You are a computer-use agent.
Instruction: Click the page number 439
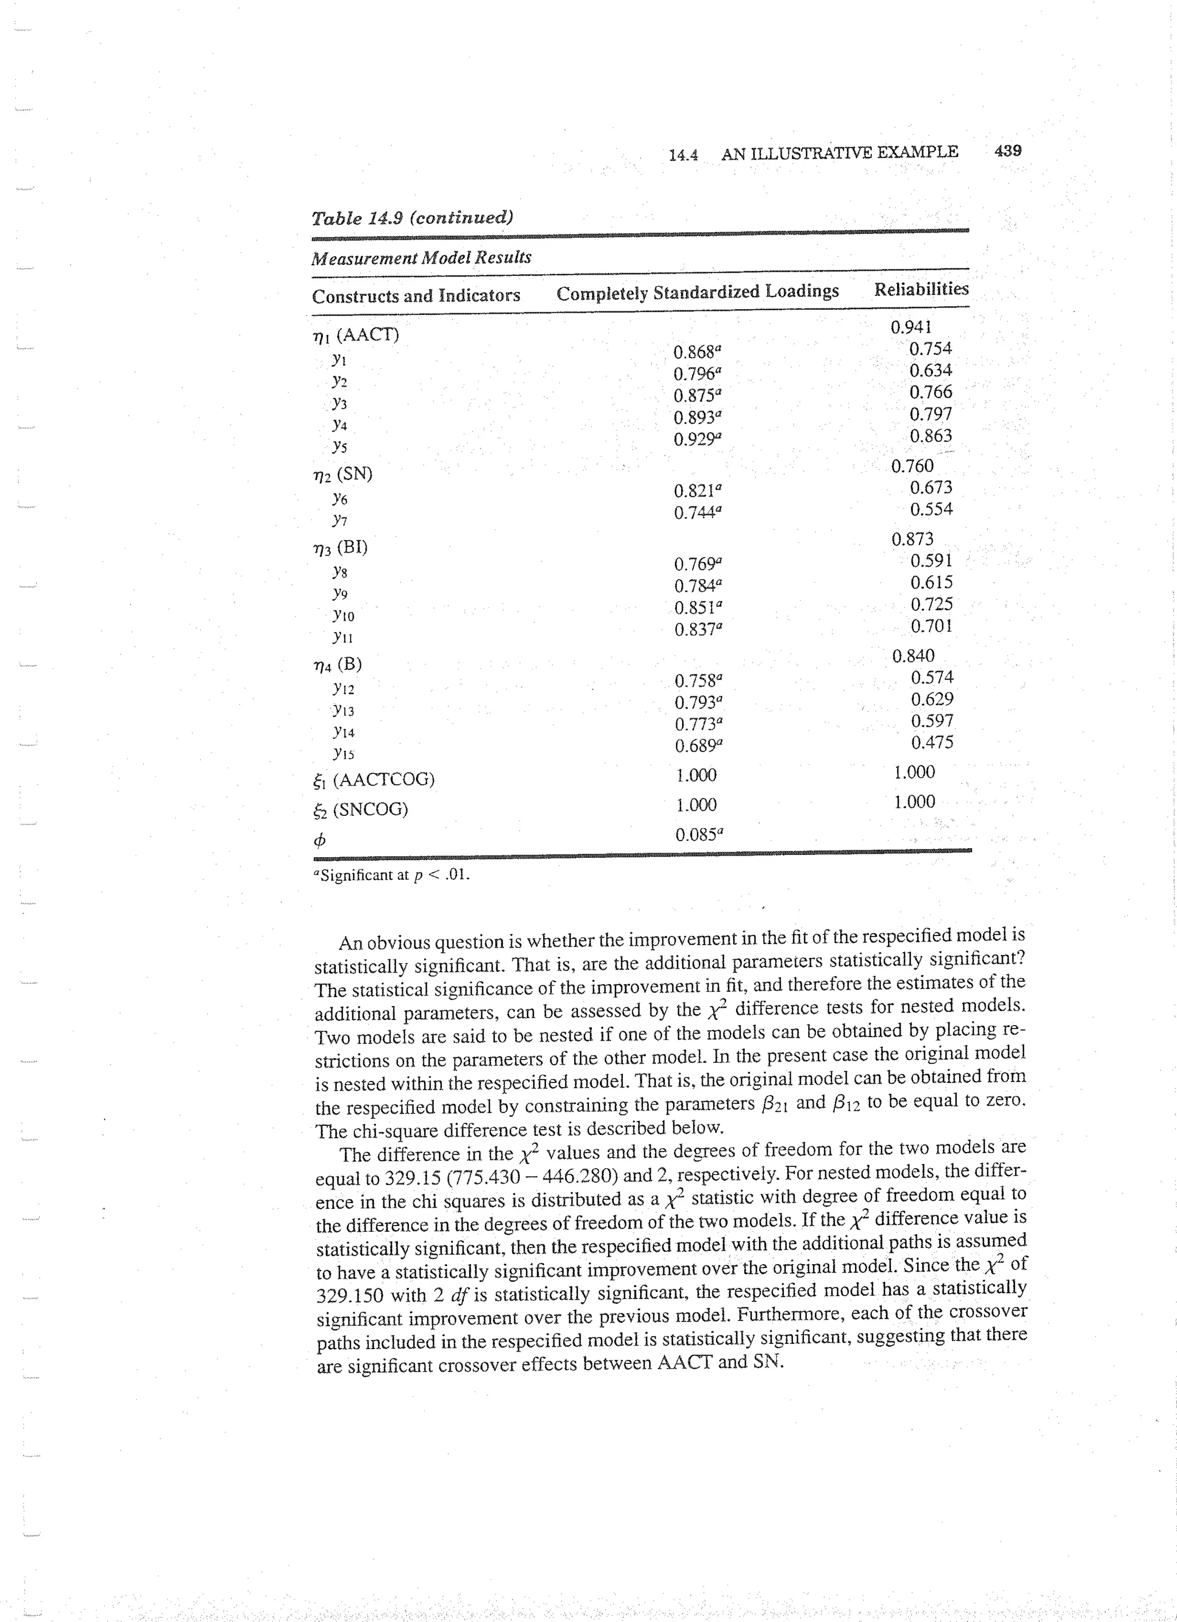tap(1007, 151)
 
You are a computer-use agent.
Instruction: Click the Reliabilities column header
tap(921, 289)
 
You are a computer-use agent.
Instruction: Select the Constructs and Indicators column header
tap(416, 295)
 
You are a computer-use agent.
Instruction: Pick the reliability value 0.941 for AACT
tap(911, 328)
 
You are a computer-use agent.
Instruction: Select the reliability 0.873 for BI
tap(912, 540)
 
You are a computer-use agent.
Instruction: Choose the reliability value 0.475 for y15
tap(932, 742)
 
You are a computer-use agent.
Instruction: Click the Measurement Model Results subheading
tap(421, 257)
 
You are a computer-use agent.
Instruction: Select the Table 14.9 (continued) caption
tap(412, 217)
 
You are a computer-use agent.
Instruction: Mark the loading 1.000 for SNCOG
tap(696, 806)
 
